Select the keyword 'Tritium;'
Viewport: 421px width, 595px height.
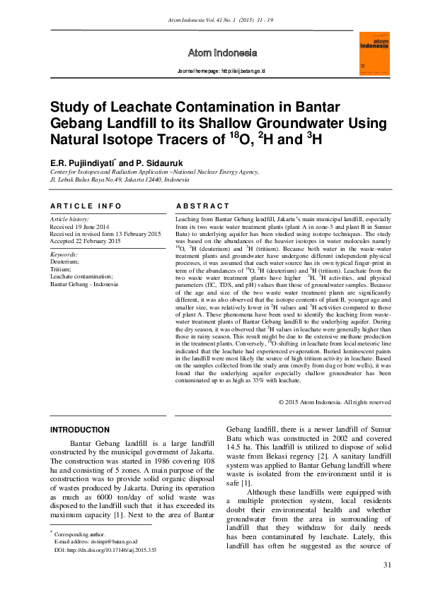click(x=62, y=269)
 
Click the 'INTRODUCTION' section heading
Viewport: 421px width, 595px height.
click(x=80, y=430)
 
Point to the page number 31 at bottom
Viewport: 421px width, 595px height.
click(x=386, y=565)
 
